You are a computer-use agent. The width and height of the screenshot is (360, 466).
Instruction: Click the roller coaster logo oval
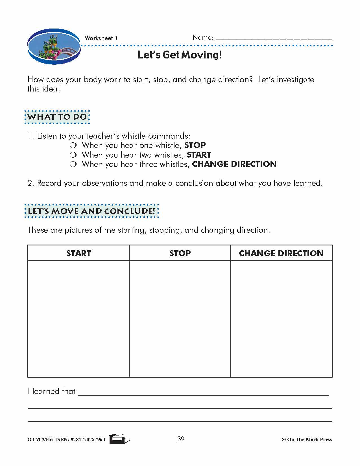pyautogui.click(x=54, y=46)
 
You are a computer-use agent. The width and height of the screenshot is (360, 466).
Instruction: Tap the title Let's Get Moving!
pyautogui.click(x=180, y=55)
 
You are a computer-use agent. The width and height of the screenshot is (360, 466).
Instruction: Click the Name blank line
pyautogui.click(x=274, y=39)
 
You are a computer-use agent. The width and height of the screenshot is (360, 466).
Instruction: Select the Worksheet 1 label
pyautogui.click(x=101, y=38)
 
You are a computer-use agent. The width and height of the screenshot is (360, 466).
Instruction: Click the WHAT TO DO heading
pyautogui.click(x=57, y=117)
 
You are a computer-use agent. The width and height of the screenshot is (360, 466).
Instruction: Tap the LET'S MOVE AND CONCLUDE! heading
pyautogui.click(x=91, y=211)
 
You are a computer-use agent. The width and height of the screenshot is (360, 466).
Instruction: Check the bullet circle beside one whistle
pyautogui.click(x=73, y=145)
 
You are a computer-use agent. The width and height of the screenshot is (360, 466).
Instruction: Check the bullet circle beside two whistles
pyautogui.click(x=73, y=155)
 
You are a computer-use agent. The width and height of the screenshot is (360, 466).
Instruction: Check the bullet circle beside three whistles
pyautogui.click(x=73, y=164)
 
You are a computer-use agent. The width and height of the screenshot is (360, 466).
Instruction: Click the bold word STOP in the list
pyautogui.click(x=195, y=145)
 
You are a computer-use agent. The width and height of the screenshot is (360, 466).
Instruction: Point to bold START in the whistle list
pyautogui.click(x=199, y=155)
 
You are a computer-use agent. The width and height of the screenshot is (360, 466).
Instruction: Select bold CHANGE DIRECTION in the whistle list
pyautogui.click(x=234, y=164)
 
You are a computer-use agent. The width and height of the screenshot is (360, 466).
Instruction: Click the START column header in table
pyautogui.click(x=78, y=253)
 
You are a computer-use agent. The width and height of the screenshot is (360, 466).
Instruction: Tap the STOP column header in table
pyautogui.click(x=180, y=253)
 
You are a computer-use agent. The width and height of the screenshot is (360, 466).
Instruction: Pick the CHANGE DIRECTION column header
pyautogui.click(x=281, y=253)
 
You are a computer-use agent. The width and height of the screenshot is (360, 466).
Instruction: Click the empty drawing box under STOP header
pyautogui.click(x=180, y=319)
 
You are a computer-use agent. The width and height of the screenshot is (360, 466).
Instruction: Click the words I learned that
pyautogui.click(x=52, y=391)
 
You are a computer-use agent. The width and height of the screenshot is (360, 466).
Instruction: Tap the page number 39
pyautogui.click(x=181, y=439)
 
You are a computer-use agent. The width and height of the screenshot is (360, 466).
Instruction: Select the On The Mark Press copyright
pyautogui.click(x=307, y=439)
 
